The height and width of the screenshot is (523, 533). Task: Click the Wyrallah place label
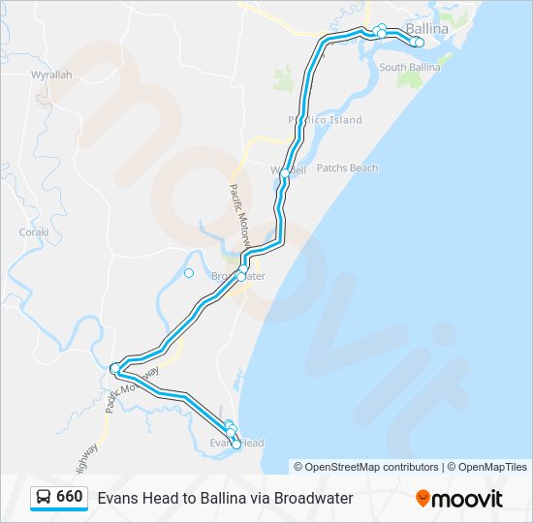pyautogui.click(x=50, y=75)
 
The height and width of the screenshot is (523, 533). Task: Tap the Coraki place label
pyautogui.click(x=33, y=232)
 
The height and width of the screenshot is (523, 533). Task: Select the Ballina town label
pyautogui.click(x=426, y=29)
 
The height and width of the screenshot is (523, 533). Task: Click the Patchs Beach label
pyautogui.click(x=347, y=169)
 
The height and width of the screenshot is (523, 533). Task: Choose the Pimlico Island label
pyautogui.click(x=325, y=120)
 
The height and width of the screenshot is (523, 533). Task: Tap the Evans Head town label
pyautogui.click(x=237, y=443)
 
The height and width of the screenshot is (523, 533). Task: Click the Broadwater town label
pyautogui.click(x=238, y=276)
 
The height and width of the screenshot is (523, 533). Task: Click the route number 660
pyautogui.click(x=69, y=497)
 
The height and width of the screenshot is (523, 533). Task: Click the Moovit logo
pyautogui.click(x=459, y=498)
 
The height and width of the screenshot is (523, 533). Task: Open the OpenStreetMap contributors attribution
pyautogui.click(x=366, y=467)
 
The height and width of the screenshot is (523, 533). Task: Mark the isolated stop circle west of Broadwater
pyautogui.click(x=189, y=273)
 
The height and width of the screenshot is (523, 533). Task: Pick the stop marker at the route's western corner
pyautogui.click(x=114, y=367)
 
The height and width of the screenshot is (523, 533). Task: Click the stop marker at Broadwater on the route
pyautogui.click(x=241, y=276)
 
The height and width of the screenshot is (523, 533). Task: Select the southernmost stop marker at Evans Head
pyautogui.click(x=236, y=445)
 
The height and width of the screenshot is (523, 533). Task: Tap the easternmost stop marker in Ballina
pyautogui.click(x=420, y=43)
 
